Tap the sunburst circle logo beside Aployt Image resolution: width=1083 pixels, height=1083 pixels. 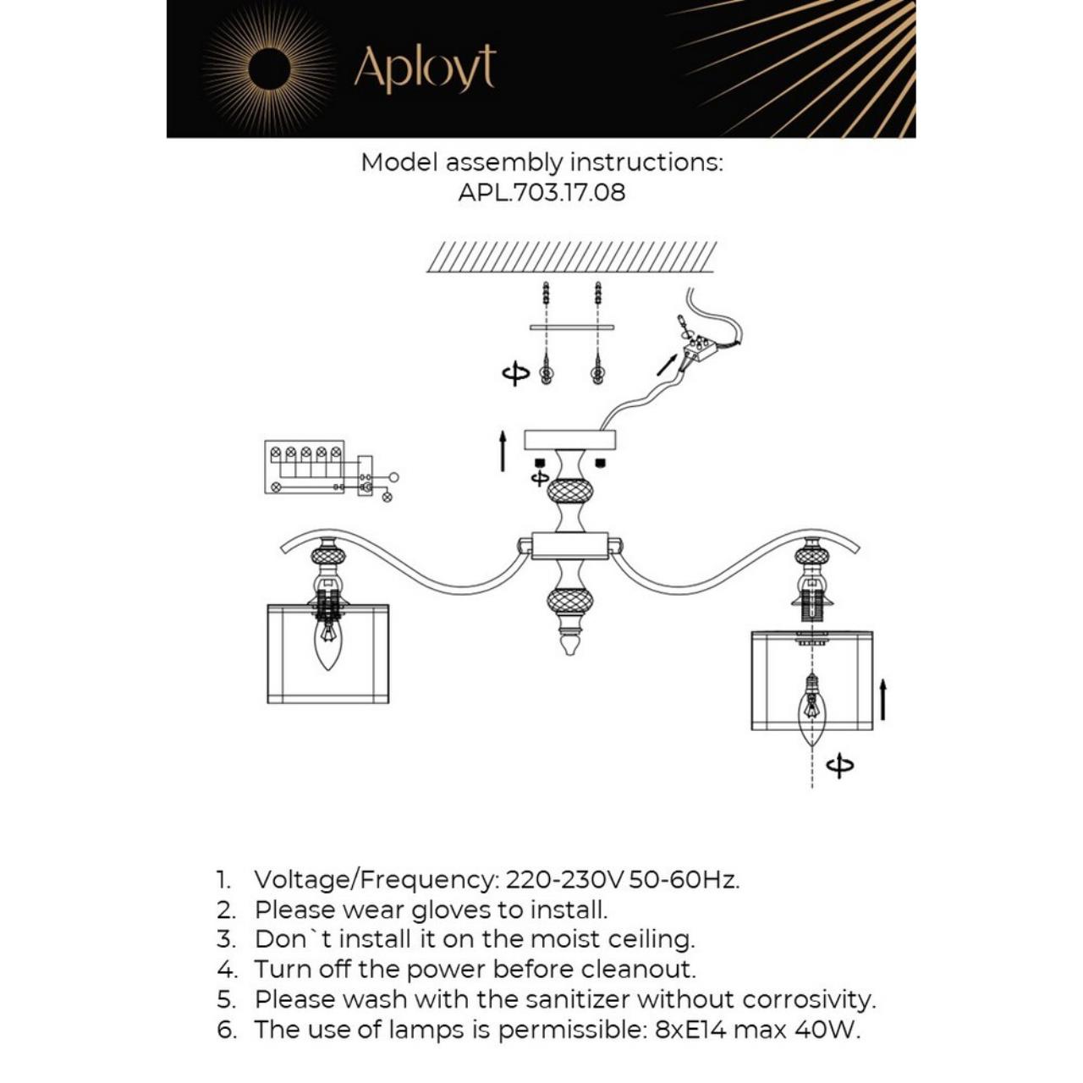tap(270, 68)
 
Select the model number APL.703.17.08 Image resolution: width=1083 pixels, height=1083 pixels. tap(541, 192)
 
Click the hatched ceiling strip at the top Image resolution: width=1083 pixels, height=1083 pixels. tap(571, 256)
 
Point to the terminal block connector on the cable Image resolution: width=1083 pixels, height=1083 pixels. tap(699, 348)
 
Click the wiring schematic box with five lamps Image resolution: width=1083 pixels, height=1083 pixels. tap(305, 467)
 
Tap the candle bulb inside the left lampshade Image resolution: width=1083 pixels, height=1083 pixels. tap(327, 642)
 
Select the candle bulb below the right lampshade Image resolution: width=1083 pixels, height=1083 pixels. tap(812, 706)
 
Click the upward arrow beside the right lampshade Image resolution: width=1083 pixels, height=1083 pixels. tap(882, 699)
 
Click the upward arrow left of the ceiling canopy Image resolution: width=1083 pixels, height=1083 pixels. tap(503, 450)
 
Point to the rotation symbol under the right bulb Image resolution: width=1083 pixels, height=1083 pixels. tap(839, 766)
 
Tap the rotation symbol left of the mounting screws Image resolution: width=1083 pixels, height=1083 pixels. tap(515, 373)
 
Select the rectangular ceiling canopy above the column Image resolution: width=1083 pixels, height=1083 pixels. tap(569, 439)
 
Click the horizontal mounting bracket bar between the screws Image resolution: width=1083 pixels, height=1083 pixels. tap(571, 327)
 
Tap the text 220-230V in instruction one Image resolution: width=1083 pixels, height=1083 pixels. tap(564, 880)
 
